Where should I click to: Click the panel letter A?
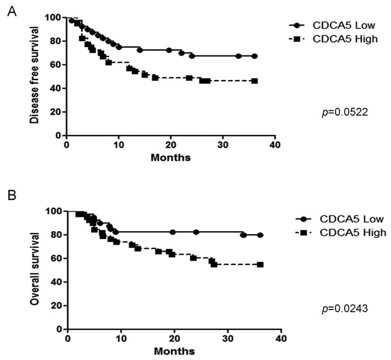click(x=12, y=11)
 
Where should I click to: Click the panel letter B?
click(x=12, y=195)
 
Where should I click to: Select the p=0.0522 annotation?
click(x=345, y=113)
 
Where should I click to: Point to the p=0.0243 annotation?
click(x=345, y=309)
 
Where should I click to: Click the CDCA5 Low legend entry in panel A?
click(x=332, y=25)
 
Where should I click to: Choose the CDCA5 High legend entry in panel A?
click(x=333, y=39)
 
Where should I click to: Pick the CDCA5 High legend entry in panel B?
click(x=340, y=232)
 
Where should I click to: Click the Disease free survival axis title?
click(x=34, y=75)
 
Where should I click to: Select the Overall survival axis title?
click(x=34, y=269)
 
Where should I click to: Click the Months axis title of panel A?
click(x=171, y=158)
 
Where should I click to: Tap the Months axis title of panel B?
click(x=174, y=351)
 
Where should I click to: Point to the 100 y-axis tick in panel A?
click(x=52, y=17)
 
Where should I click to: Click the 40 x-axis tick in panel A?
click(x=275, y=144)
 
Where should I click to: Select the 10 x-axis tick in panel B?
click(x=121, y=338)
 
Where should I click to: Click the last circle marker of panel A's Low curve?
click(x=254, y=56)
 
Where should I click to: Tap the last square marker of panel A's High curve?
click(x=254, y=81)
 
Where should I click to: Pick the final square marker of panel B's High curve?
click(x=260, y=264)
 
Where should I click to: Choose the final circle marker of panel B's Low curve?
click(x=260, y=235)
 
